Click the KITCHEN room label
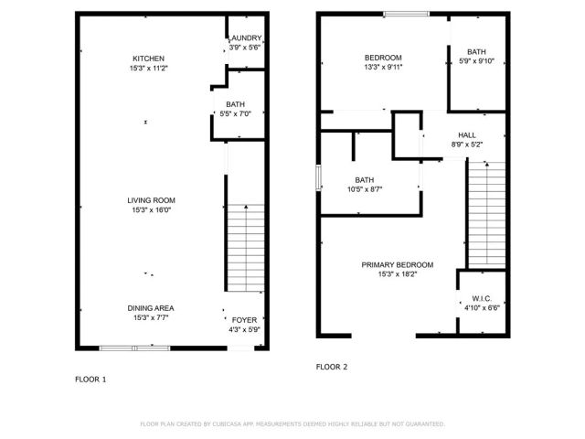coord(148,59)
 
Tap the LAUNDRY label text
coord(245,39)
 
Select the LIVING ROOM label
coord(151,200)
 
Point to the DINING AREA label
coord(151,308)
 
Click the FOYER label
coord(244,319)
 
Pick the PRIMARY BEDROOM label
coord(397,264)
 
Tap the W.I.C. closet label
coord(482,297)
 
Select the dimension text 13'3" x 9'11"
coord(384,67)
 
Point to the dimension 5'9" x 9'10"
coord(476,61)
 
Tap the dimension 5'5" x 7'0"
coord(236,114)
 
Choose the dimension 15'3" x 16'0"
coord(151,209)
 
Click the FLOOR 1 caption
coord(90,378)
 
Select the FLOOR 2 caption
coord(332,367)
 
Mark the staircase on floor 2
coord(486,215)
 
